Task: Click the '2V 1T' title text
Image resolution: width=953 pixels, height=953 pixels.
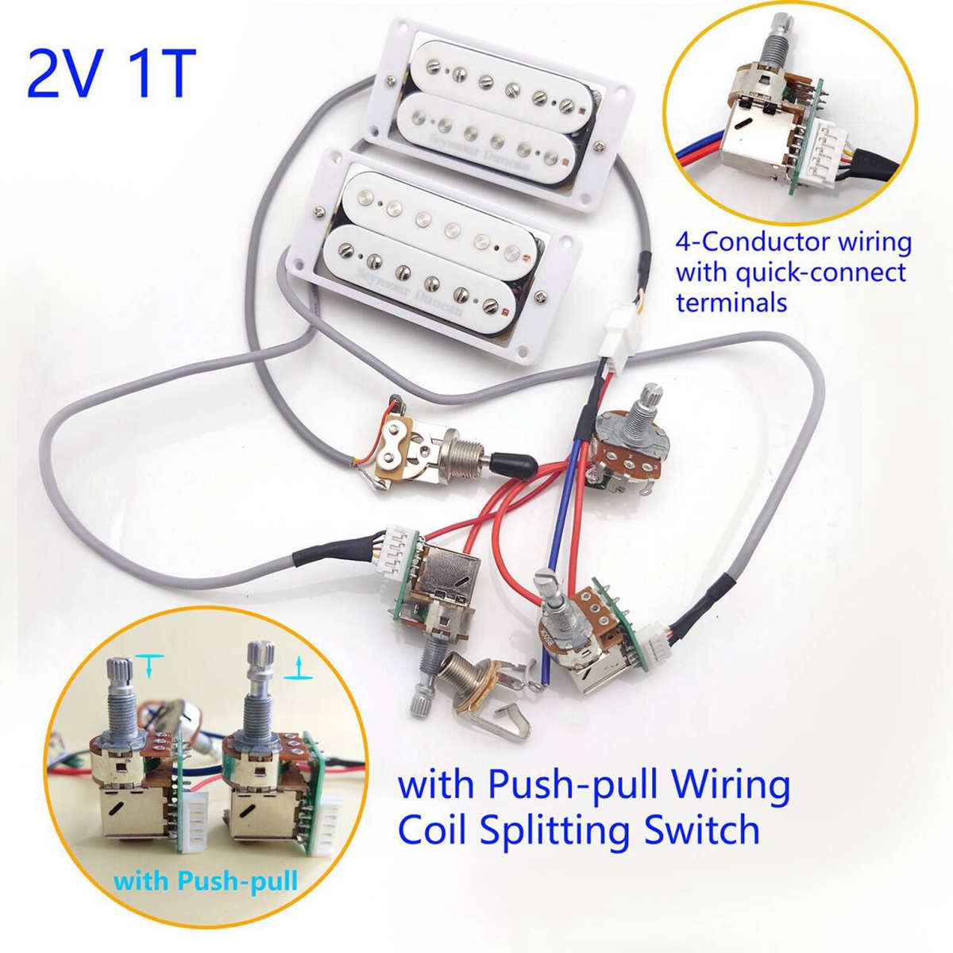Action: point(111,73)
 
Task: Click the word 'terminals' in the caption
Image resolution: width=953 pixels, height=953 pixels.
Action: point(731,302)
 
